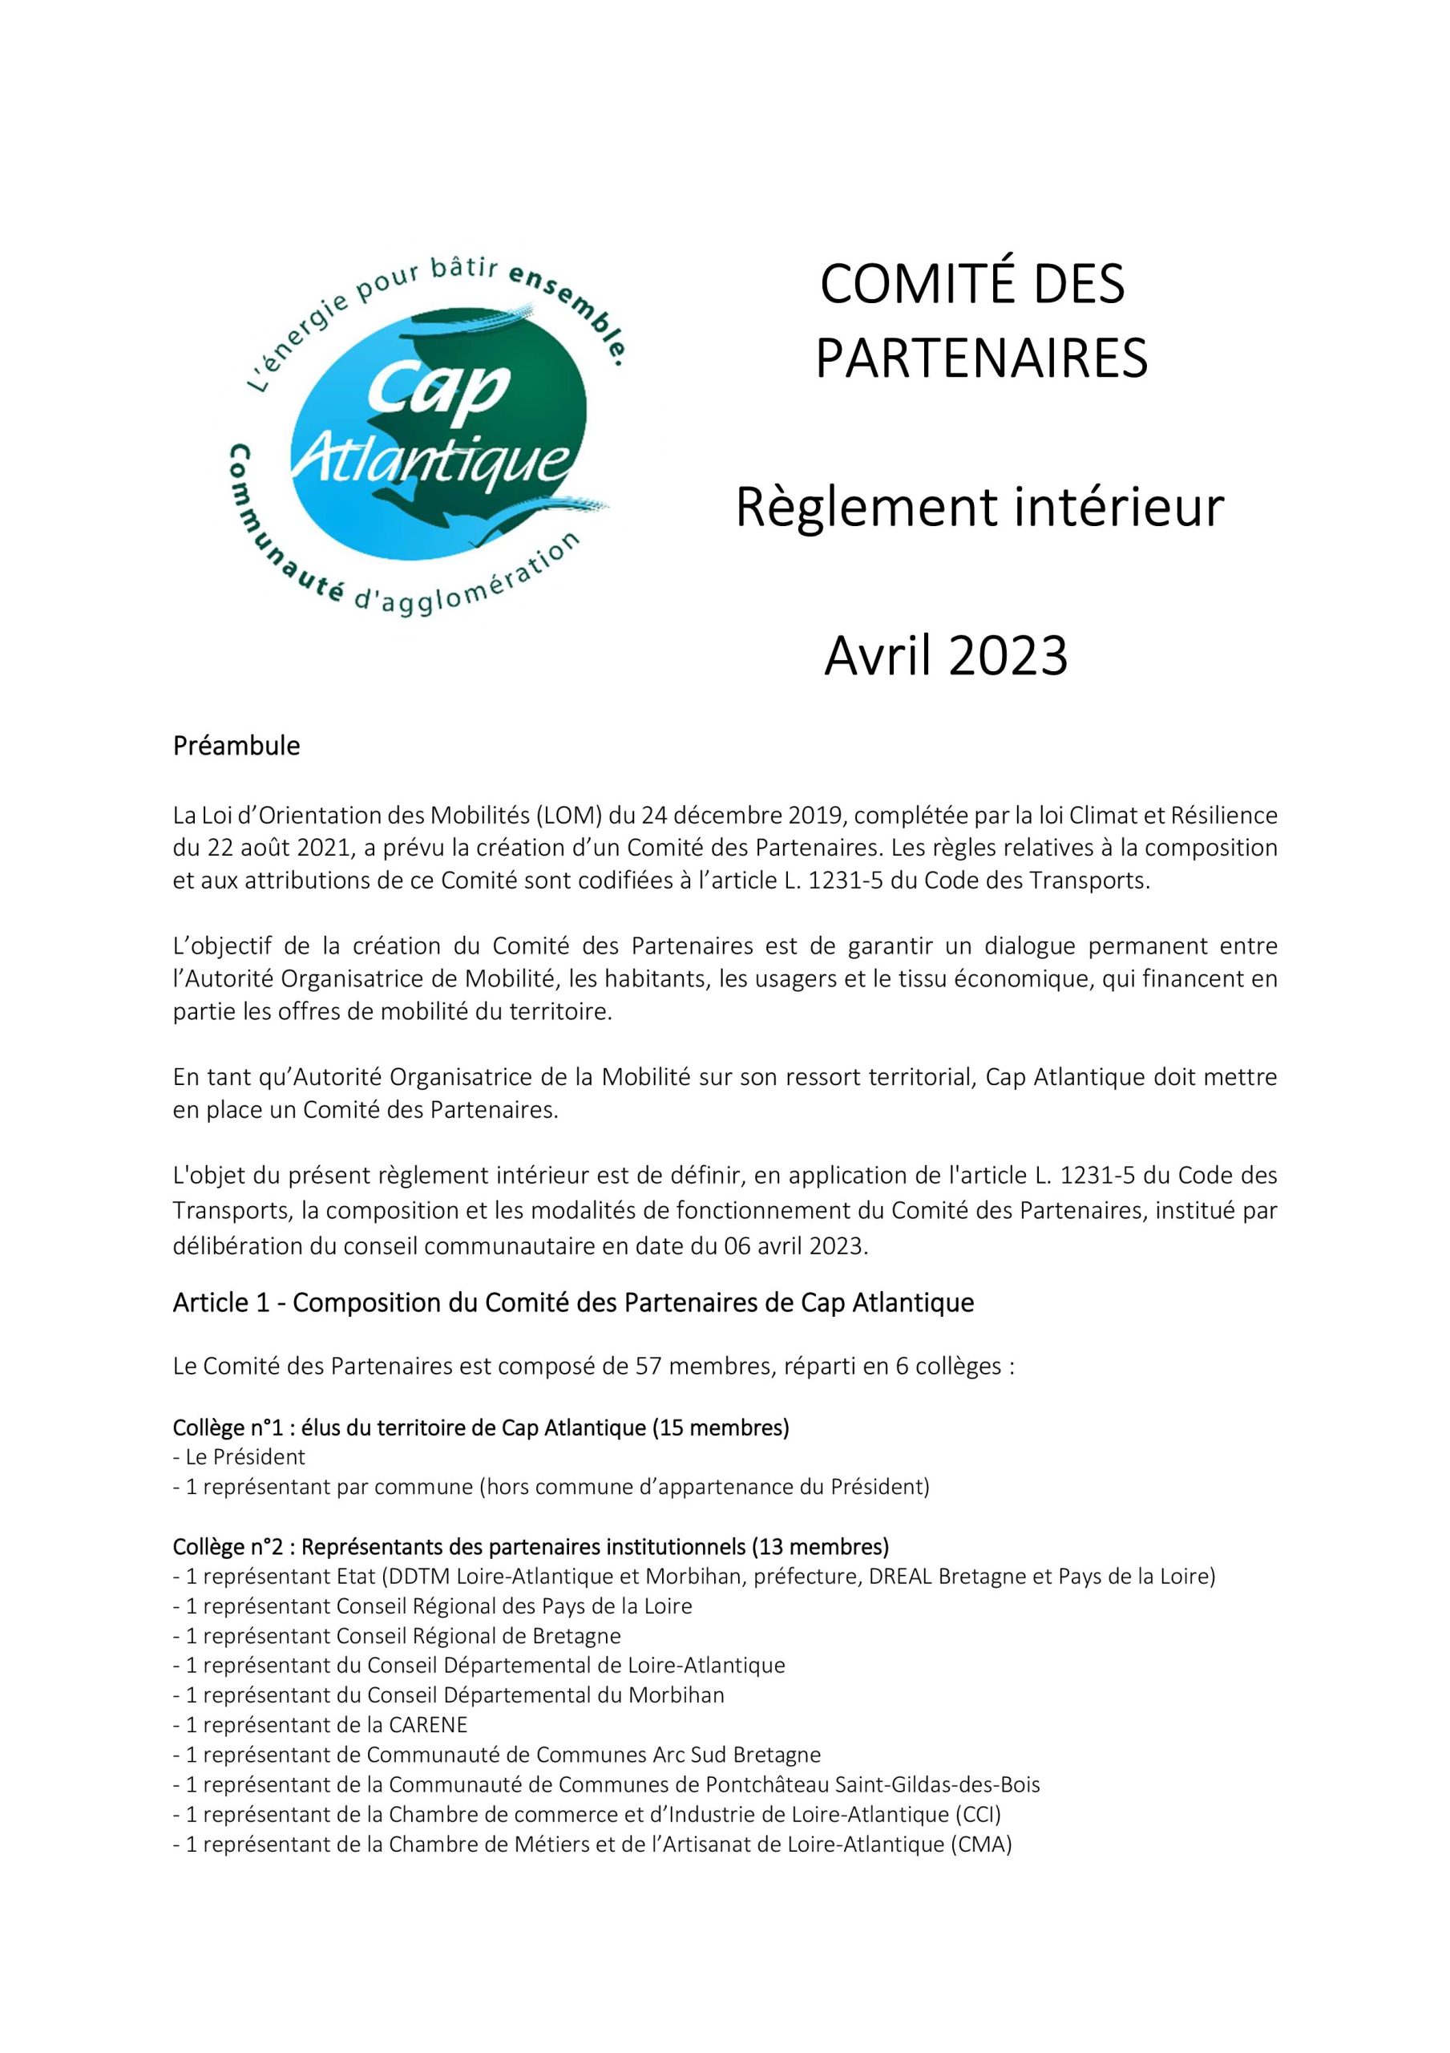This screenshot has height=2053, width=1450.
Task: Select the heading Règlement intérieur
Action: [x=979, y=508]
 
